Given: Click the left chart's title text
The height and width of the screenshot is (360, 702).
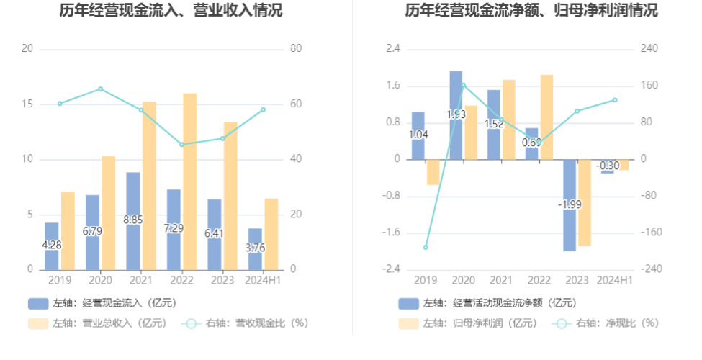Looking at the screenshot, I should [x=171, y=11].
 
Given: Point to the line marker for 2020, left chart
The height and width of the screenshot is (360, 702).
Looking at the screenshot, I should [x=100, y=89].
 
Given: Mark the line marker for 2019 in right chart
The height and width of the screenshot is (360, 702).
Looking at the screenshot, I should [x=426, y=247].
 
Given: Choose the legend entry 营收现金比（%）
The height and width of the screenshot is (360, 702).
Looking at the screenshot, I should [x=248, y=323].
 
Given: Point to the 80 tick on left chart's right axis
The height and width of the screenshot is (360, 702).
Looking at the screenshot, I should [x=295, y=49].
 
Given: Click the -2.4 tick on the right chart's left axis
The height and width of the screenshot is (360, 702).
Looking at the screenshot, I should [x=392, y=269].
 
